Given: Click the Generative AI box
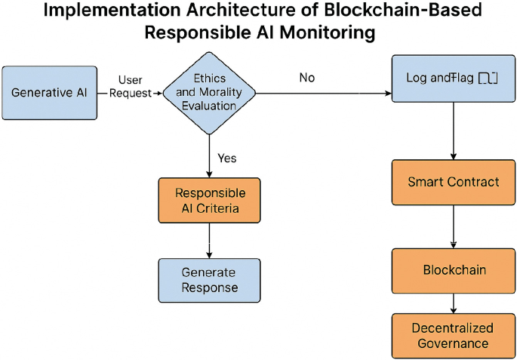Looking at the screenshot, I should click(x=50, y=93).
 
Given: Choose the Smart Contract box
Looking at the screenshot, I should click(x=453, y=182).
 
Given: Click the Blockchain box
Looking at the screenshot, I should click(x=453, y=270).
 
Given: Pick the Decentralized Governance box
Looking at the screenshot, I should click(x=453, y=336).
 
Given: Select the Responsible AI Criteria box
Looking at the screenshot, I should click(x=209, y=200).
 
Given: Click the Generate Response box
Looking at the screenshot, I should click(x=209, y=280).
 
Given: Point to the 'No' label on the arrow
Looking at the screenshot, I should click(x=306, y=78).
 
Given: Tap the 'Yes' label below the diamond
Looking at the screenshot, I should click(x=226, y=158).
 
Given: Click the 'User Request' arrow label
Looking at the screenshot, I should click(x=131, y=87).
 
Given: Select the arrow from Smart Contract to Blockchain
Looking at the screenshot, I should click(x=453, y=226).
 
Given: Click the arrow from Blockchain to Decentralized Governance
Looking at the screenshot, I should click(x=453, y=303).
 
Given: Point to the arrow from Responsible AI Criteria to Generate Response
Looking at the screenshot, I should click(x=209, y=241).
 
